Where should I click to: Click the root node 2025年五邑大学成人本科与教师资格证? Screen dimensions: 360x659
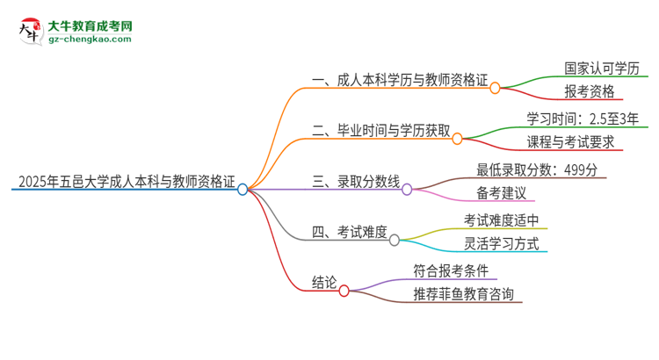tap(124, 184)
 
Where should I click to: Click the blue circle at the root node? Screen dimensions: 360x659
tap(243, 189)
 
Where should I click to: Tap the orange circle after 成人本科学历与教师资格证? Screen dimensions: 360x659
tap(495, 88)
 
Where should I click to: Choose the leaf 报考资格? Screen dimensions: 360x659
tap(590, 91)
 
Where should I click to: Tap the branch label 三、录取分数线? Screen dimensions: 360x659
tap(355, 184)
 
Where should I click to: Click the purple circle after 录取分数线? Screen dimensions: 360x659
tap(407, 189)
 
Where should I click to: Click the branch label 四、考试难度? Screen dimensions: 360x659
tap(349, 233)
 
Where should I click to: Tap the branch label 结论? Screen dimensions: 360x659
tap(323, 283)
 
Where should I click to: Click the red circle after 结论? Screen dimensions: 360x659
tap(344, 290)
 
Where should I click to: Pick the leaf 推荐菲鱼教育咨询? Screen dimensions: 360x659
tap(463, 293)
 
